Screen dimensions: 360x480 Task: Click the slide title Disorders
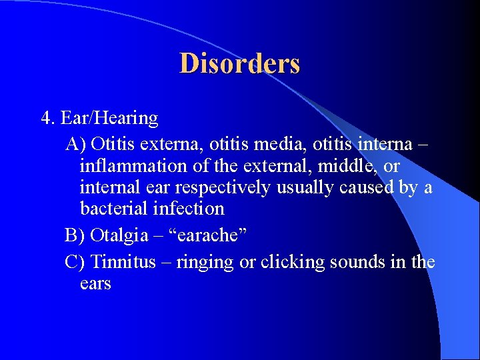pyautogui.click(x=239, y=64)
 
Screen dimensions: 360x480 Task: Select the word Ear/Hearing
pyautogui.click(x=109, y=119)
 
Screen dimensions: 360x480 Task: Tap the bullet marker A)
pyautogui.click(x=75, y=143)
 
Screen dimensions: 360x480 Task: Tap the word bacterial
pyautogui.click(x=110, y=209)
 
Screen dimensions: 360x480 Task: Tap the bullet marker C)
pyautogui.click(x=75, y=262)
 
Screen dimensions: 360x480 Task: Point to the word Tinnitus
pyautogui.click(x=123, y=262)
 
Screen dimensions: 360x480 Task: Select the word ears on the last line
pyautogui.click(x=95, y=284)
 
